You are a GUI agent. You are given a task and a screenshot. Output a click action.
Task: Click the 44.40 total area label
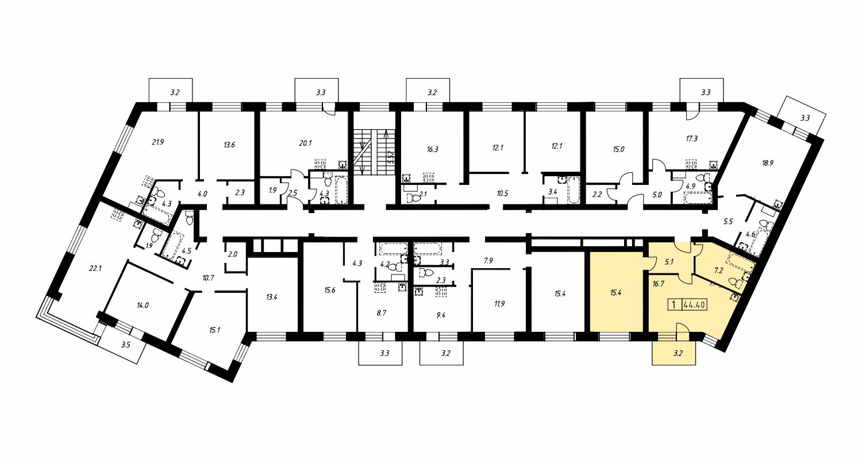(x=695, y=305)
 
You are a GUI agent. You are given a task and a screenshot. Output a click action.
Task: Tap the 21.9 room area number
(x=158, y=142)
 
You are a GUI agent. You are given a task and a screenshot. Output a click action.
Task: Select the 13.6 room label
(x=229, y=145)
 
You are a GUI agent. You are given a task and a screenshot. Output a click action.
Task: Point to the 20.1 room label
(x=305, y=143)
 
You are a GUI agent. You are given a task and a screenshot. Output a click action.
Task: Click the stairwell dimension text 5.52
(x=391, y=157)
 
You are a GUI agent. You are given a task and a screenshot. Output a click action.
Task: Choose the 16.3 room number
(x=432, y=149)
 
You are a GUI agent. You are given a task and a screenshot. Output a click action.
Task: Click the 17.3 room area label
(x=691, y=138)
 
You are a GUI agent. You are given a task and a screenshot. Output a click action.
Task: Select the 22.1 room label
(x=95, y=268)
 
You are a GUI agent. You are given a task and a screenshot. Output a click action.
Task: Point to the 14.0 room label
(x=143, y=305)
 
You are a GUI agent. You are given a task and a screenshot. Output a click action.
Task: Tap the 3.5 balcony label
(x=126, y=345)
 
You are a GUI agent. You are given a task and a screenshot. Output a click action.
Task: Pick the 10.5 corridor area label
(x=502, y=193)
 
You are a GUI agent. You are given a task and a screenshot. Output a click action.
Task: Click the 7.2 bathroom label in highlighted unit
(x=718, y=270)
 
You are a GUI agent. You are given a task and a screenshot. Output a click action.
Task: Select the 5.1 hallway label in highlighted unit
(x=669, y=262)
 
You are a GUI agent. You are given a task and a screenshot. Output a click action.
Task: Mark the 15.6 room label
(x=329, y=290)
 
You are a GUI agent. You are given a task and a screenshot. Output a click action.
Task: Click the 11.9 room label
(x=499, y=304)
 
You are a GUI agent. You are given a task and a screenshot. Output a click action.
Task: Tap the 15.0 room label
(x=618, y=150)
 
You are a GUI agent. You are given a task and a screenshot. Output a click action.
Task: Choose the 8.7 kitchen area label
(x=381, y=313)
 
